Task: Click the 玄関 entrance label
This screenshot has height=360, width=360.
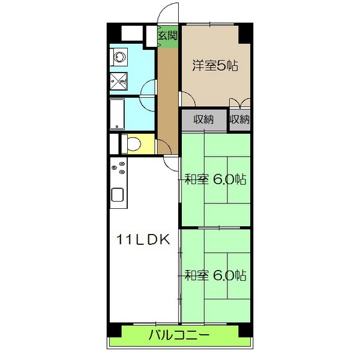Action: coord(168,35)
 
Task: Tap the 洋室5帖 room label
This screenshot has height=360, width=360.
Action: coord(215,65)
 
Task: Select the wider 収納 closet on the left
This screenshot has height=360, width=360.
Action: coord(204,119)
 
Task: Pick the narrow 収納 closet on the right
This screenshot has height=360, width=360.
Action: coord(239,119)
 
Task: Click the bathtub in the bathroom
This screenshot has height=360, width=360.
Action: coord(118,114)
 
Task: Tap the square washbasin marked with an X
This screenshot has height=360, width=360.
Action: coord(119,78)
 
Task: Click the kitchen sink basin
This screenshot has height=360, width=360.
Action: coord(118,195)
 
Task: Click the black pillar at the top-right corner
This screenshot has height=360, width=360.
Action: coord(244,33)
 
